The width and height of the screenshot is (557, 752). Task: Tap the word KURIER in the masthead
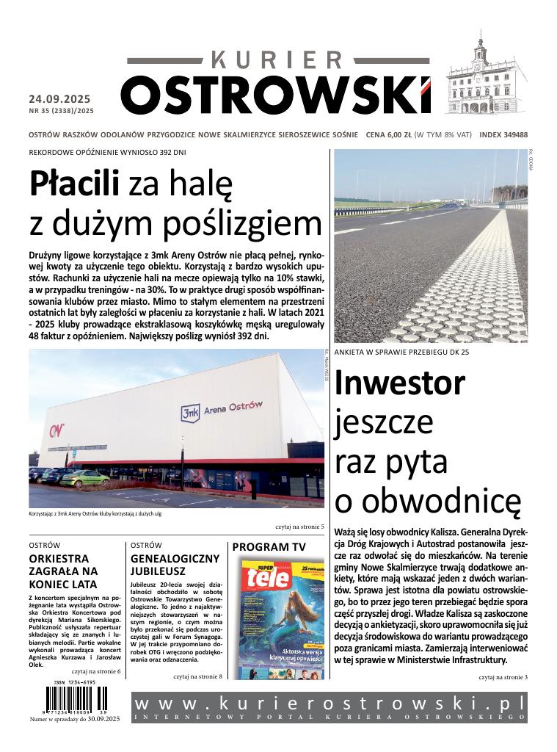(277, 61)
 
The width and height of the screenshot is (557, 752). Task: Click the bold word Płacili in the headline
(73, 184)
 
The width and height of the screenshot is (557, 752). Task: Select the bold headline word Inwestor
(399, 383)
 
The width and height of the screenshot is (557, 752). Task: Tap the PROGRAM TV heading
(269, 547)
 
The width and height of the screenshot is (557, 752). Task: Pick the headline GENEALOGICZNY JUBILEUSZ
(175, 564)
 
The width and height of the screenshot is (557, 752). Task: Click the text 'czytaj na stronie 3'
(503, 676)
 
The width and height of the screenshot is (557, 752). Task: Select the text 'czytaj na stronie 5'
(299, 527)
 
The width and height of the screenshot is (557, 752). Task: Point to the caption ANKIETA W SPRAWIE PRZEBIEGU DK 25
(401, 352)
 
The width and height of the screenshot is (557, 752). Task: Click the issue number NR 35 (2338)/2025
(62, 111)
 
